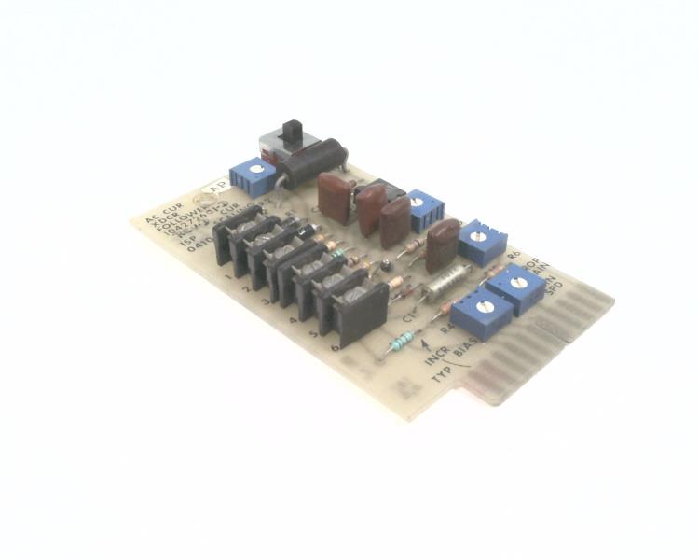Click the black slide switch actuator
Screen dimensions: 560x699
(x=294, y=133)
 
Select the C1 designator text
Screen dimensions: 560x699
(x=410, y=318)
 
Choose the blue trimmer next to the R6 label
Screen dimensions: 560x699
(x=482, y=240)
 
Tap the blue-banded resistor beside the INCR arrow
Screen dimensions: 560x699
(x=399, y=343)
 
